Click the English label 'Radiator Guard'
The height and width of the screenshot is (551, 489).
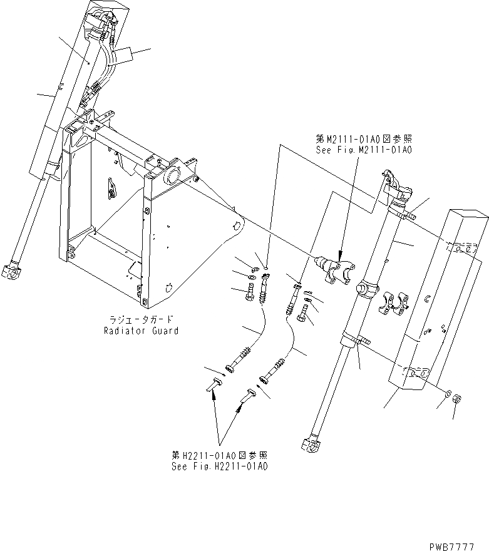click(141, 331)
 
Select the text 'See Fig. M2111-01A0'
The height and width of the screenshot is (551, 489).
click(364, 150)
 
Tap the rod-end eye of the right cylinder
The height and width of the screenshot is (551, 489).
click(311, 446)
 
